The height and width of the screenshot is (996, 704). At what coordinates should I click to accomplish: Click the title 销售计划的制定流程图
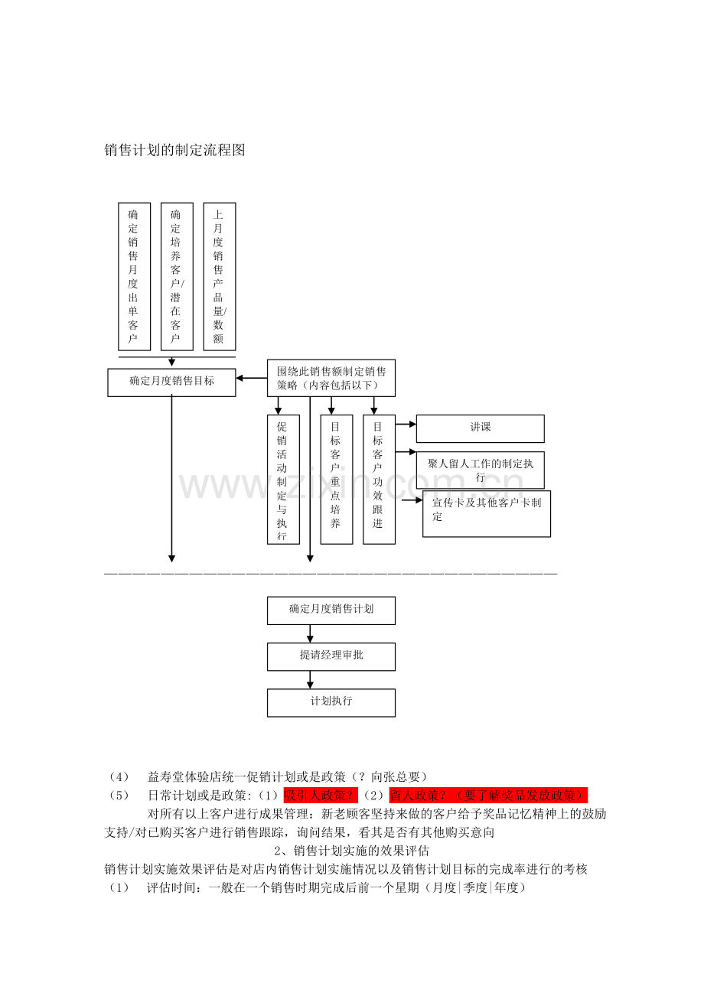point(174,150)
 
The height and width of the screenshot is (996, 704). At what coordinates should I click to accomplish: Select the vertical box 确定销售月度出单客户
point(135,277)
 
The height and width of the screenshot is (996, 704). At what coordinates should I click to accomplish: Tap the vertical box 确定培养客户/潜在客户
point(177,277)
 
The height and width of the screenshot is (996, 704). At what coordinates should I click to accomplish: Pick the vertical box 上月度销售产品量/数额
point(220,277)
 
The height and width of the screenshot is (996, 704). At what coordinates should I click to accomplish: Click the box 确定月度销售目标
point(171,382)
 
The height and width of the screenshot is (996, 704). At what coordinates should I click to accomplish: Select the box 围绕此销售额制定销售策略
point(331,378)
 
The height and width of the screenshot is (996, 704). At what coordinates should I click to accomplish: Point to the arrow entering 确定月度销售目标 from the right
point(252,379)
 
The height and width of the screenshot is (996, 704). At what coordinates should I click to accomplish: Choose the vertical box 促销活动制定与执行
point(283,480)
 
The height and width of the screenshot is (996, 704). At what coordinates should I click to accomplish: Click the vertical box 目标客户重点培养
point(337,480)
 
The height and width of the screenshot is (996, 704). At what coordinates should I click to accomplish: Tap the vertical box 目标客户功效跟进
point(380,480)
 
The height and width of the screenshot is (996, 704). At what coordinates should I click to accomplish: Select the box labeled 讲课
point(481,428)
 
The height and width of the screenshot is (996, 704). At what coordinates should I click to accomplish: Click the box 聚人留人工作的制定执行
point(481,470)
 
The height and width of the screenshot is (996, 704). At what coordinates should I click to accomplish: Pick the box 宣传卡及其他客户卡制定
point(487,513)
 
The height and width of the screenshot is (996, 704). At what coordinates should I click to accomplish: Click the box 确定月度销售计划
point(331,610)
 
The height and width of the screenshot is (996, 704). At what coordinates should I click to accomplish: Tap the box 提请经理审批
point(331,657)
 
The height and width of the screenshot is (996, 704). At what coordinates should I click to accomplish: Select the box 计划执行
point(331,703)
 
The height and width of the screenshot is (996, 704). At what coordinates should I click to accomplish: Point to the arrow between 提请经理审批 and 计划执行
point(311,680)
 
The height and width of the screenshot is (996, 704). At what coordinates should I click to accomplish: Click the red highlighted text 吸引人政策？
point(321,796)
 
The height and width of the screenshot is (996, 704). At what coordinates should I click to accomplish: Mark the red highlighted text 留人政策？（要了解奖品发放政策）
point(488,796)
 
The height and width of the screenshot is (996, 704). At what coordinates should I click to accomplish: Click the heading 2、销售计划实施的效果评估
point(351,851)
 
